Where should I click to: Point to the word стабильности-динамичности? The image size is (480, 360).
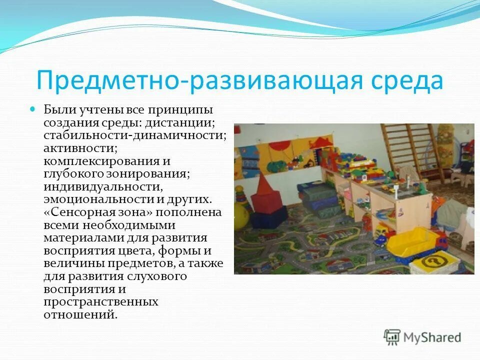(134, 135)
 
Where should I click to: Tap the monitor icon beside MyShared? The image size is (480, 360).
(392, 337)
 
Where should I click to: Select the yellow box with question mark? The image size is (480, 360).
(433, 260)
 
